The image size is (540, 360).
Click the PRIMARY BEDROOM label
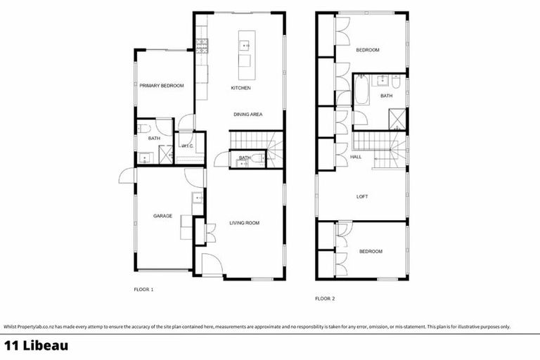pyautogui.click(x=161, y=86)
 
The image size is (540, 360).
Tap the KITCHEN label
pyautogui.click(x=241, y=88)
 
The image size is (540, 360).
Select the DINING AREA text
pyautogui.click(x=248, y=114)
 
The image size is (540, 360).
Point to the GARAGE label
pyautogui.click(x=163, y=216)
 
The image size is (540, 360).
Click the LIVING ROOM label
pyautogui.click(x=245, y=223)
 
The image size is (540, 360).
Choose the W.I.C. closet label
pyautogui.click(x=187, y=146)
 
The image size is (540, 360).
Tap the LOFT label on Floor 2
pyautogui.click(x=362, y=197)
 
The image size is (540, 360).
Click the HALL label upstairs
pyautogui.click(x=356, y=157)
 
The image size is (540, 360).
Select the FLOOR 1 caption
pyautogui.click(x=143, y=289)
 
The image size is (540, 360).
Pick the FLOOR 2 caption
pyautogui.click(x=325, y=299)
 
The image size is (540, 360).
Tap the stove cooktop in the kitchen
pyautogui.click(x=202, y=46)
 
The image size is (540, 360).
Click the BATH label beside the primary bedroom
pyautogui.click(x=154, y=139)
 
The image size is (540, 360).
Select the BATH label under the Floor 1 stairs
pyautogui.click(x=244, y=158)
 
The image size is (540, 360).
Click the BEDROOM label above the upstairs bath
pyautogui.click(x=367, y=50)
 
